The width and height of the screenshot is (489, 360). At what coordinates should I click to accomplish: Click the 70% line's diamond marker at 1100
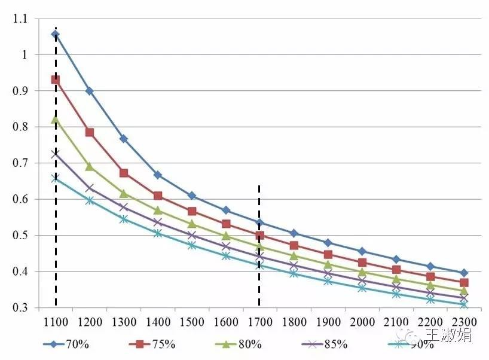coord(56,34)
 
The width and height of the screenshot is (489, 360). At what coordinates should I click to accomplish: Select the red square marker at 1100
coord(56,80)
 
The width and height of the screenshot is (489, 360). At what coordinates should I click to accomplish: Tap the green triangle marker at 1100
coord(56,120)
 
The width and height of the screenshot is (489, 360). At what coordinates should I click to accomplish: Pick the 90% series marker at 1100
coord(56,178)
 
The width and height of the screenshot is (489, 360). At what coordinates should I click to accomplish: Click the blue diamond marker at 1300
coord(124,139)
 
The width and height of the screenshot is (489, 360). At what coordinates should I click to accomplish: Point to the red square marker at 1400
coord(158,196)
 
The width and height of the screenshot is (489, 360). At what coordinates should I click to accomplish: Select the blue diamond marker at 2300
coord(464,273)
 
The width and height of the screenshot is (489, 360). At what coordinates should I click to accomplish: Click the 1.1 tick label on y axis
coord(21,19)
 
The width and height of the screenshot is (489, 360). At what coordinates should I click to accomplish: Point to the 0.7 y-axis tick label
coord(21,163)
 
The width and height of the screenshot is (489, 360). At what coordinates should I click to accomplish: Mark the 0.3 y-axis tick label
coord(21,308)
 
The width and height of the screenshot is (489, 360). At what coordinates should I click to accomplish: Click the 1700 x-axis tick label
coord(259,322)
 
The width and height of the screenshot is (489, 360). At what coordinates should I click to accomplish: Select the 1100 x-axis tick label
coord(56,322)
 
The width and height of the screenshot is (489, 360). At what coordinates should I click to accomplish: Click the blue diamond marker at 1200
coord(90,91)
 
